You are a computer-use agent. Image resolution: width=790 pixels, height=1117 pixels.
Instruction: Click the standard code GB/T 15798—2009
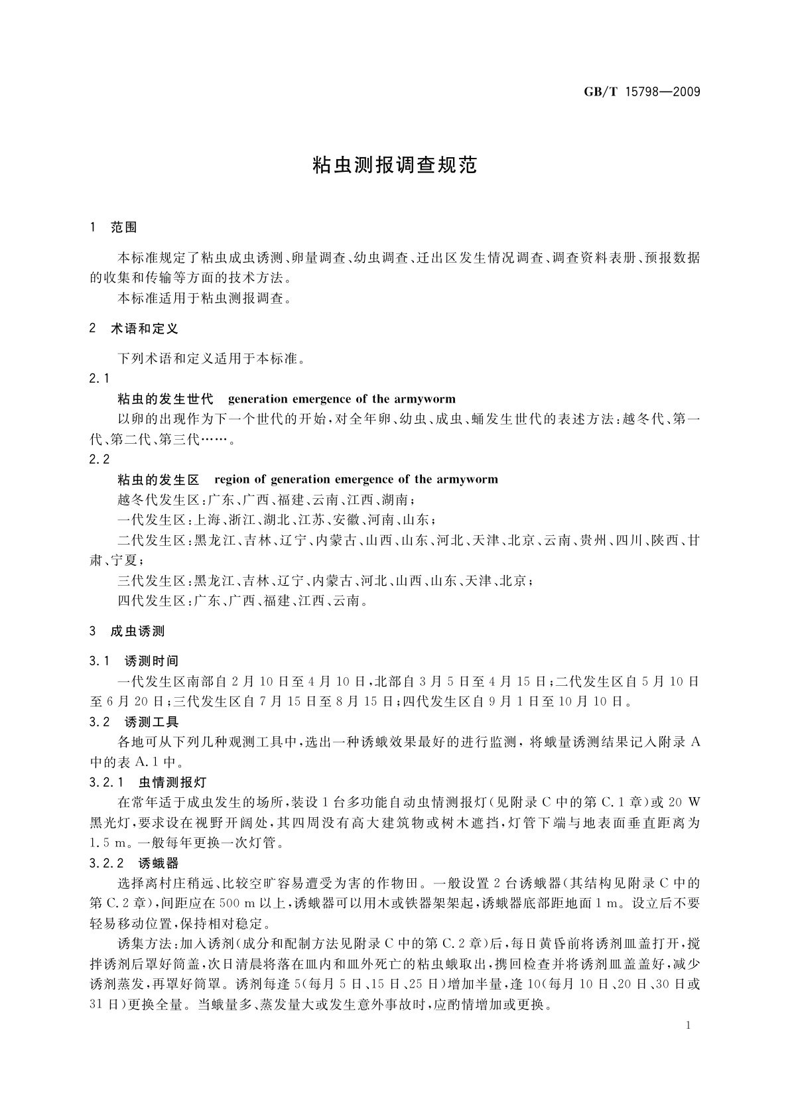pyautogui.click(x=642, y=92)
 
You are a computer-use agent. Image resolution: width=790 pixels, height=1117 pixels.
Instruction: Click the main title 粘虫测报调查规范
pyautogui.click(x=395, y=165)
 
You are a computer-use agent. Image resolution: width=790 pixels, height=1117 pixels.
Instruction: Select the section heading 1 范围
pyautogui.click(x=113, y=228)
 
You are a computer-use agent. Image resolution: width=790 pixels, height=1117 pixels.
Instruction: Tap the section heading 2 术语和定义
pyautogui.click(x=134, y=328)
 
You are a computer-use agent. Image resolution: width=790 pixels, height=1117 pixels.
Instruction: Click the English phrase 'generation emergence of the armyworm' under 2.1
pyautogui.click(x=342, y=399)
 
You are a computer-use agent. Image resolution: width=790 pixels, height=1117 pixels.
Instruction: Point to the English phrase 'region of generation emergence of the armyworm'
pyautogui.click(x=357, y=480)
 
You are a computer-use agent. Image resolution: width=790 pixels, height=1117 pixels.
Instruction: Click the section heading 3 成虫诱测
pyautogui.click(x=127, y=631)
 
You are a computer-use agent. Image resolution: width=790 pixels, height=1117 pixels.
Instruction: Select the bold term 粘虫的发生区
pyautogui.click(x=158, y=480)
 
